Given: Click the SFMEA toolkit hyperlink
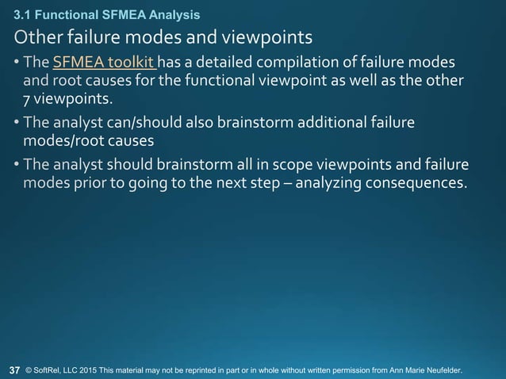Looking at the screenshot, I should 104,63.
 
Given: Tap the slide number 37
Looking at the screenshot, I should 14,370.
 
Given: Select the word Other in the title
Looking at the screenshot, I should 34,37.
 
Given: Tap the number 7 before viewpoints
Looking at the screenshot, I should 26,100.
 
